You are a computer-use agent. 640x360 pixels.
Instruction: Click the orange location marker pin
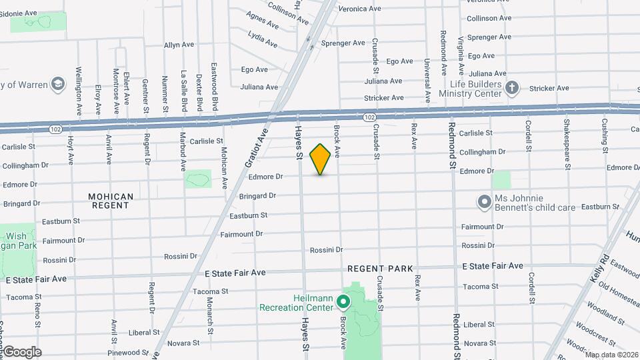[320, 159]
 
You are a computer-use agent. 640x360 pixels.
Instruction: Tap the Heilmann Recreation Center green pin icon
[343, 303]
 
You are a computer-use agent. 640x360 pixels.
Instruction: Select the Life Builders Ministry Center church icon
[511, 88]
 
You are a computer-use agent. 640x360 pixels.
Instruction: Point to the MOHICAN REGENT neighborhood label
[111, 201]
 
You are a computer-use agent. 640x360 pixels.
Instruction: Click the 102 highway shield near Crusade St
[370, 117]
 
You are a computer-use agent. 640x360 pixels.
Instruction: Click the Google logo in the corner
[21, 351]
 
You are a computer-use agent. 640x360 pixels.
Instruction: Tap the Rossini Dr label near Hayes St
[326, 250]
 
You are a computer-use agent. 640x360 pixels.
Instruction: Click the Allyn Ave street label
[179, 45]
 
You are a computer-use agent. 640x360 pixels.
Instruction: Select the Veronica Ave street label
[359, 9]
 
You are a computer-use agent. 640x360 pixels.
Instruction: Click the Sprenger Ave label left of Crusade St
[343, 43]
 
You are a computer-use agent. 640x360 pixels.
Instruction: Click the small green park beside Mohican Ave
[198, 179]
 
